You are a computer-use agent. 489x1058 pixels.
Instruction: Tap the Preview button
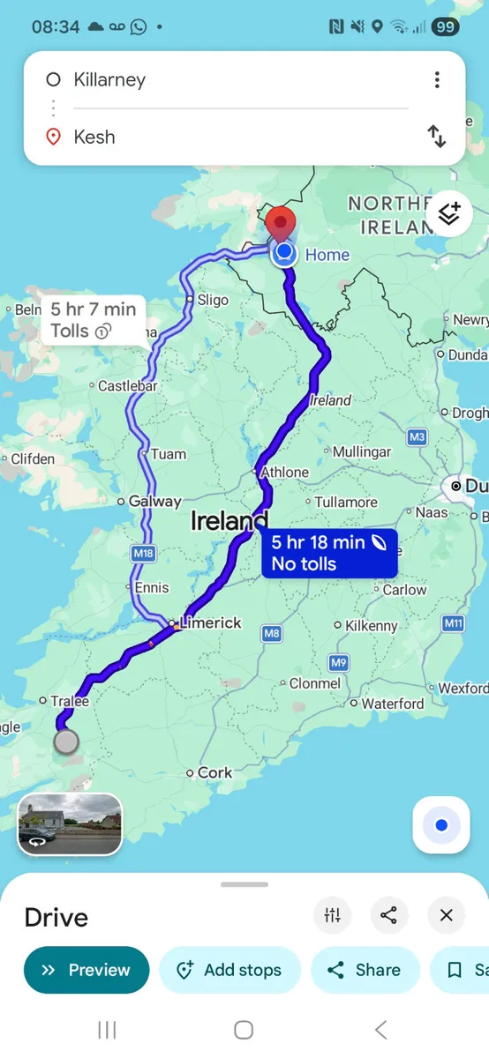87,970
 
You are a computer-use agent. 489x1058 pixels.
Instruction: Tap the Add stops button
230,970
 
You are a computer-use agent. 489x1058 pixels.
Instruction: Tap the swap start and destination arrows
437,137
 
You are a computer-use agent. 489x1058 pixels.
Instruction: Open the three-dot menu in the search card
437,80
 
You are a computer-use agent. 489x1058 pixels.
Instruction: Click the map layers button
449,213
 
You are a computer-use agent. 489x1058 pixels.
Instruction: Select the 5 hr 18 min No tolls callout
329,554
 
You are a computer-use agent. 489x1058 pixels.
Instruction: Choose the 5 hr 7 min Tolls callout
93,319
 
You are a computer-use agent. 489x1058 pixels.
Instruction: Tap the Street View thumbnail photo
71,824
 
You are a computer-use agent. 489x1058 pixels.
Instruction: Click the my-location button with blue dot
441,825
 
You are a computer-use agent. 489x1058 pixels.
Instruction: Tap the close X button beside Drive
447,915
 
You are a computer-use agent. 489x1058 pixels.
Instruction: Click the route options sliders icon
333,915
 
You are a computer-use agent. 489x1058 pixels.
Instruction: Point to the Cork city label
214,772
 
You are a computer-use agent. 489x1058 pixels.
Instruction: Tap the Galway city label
154,501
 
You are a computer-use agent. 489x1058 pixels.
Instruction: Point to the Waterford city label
392,704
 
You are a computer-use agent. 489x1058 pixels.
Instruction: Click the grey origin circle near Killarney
66,741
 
